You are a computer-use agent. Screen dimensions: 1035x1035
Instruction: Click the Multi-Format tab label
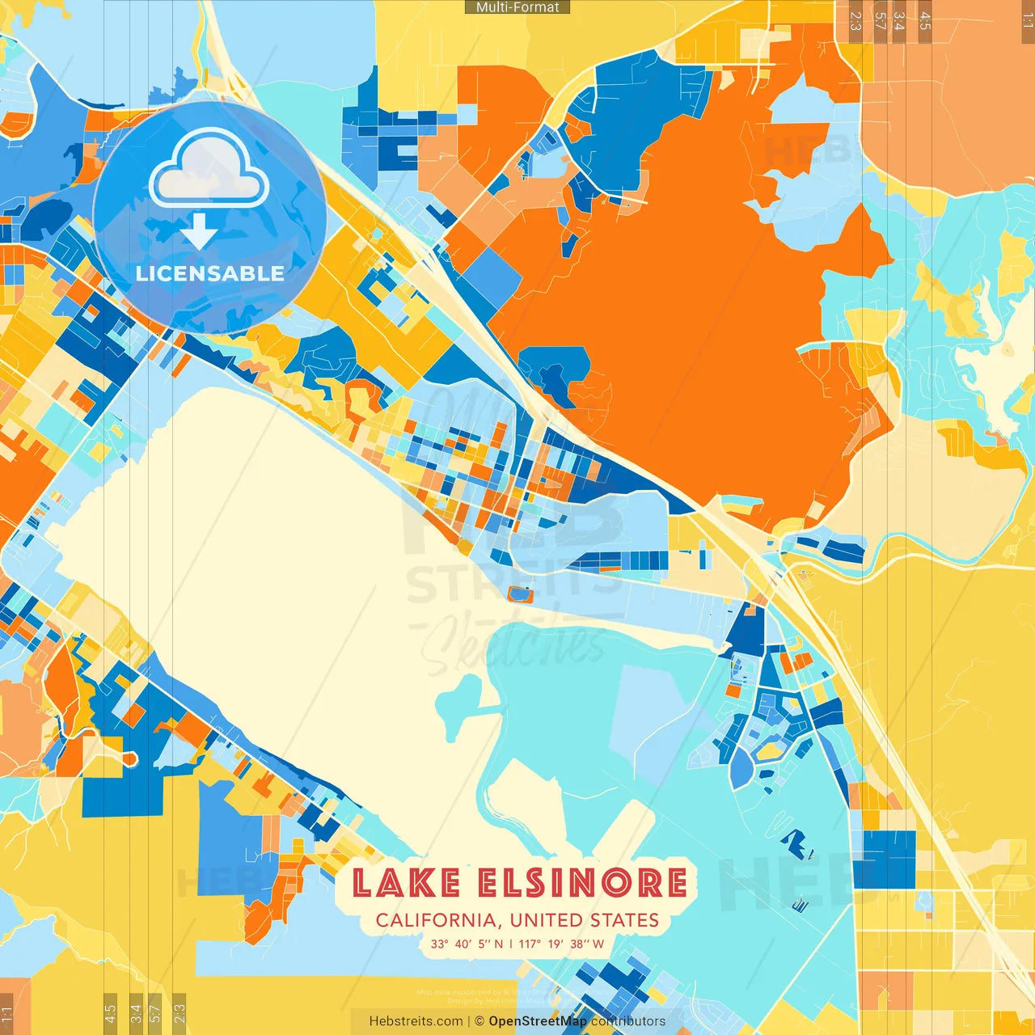point(517,7)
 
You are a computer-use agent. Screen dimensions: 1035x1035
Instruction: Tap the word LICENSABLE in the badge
point(209,273)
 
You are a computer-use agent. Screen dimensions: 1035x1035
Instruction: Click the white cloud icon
point(209,168)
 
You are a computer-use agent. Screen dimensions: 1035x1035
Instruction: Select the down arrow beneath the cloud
point(199,232)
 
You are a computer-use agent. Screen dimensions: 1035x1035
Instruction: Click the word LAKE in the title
point(407,883)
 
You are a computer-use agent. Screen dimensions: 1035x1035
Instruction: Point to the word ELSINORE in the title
point(582,883)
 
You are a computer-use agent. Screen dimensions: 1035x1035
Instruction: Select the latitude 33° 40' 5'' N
point(467,944)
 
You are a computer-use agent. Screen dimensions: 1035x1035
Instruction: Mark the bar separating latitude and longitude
point(511,944)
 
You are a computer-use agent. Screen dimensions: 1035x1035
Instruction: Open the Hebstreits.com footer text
point(416,1021)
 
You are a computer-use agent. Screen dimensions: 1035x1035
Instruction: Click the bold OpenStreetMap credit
point(538,1021)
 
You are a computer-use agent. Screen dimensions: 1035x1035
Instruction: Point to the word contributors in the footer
point(628,1021)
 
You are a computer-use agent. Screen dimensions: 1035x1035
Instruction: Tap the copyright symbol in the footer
point(479,1021)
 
